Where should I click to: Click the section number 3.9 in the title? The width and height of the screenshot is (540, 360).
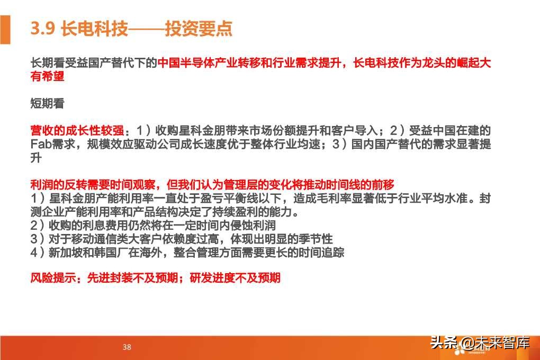(x=43, y=29)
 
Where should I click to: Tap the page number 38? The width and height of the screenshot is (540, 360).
(x=127, y=347)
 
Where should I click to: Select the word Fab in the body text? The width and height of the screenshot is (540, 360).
(x=40, y=144)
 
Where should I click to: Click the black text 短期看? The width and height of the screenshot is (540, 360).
(x=47, y=104)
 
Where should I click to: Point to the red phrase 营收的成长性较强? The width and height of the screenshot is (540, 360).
(x=77, y=131)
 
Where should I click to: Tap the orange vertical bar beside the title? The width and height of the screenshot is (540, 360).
(x=5, y=30)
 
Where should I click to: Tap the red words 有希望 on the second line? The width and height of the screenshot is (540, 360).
(x=47, y=77)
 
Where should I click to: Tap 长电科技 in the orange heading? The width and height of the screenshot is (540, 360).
(x=95, y=29)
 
